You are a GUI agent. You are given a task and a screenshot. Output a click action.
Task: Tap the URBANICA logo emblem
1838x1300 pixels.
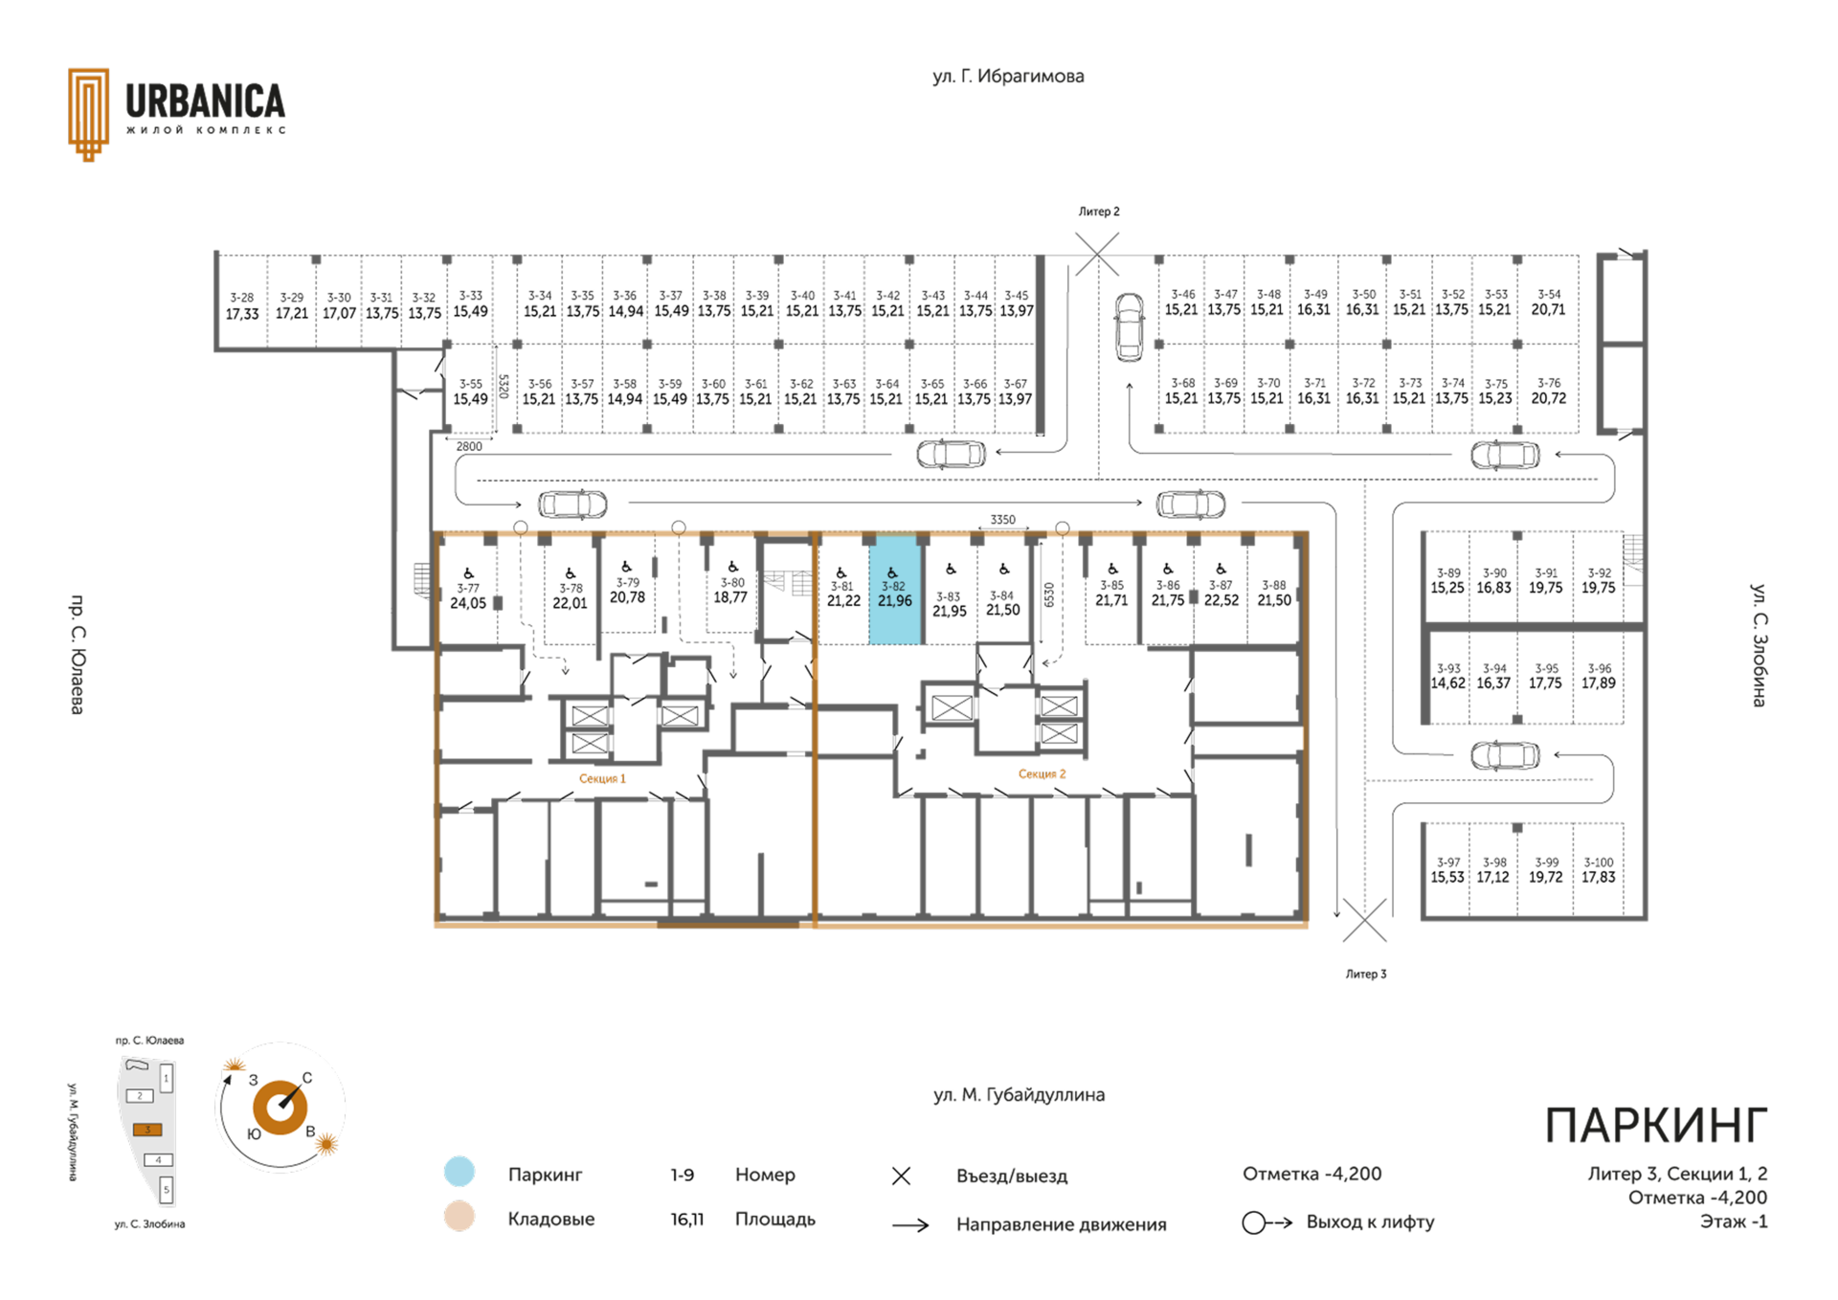point(88,114)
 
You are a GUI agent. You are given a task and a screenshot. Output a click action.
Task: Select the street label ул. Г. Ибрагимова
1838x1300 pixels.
point(1008,77)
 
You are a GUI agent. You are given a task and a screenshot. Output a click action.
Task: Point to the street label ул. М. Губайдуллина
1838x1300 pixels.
point(1019,1094)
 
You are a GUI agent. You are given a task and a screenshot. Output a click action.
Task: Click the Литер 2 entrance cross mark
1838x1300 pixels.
point(1097,254)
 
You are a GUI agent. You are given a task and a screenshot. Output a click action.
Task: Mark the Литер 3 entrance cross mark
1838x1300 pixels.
point(1364,920)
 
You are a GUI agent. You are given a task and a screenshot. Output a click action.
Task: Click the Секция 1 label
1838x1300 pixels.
point(602,778)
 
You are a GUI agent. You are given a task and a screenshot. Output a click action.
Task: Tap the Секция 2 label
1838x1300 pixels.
point(1042,773)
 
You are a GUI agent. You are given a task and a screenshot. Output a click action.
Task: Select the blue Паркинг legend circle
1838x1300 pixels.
point(459,1172)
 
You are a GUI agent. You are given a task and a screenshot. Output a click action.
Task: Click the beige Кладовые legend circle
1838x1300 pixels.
point(459,1216)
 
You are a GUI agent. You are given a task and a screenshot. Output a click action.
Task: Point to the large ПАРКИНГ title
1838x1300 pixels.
point(1656,1126)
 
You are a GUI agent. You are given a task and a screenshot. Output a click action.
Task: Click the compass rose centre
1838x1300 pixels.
point(280,1107)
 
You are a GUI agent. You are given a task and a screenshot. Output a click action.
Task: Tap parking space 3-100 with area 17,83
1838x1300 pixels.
point(1598,869)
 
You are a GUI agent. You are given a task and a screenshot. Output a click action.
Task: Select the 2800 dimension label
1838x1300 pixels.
point(469,446)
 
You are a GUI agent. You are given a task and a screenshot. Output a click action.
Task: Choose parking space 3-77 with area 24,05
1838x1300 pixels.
point(468,590)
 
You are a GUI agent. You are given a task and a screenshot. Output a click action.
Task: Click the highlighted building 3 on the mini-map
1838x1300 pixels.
point(147,1130)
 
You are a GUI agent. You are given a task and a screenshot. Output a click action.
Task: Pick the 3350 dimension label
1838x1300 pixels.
point(1002,520)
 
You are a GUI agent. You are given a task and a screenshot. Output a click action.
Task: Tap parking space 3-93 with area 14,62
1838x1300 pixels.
point(1447,676)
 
